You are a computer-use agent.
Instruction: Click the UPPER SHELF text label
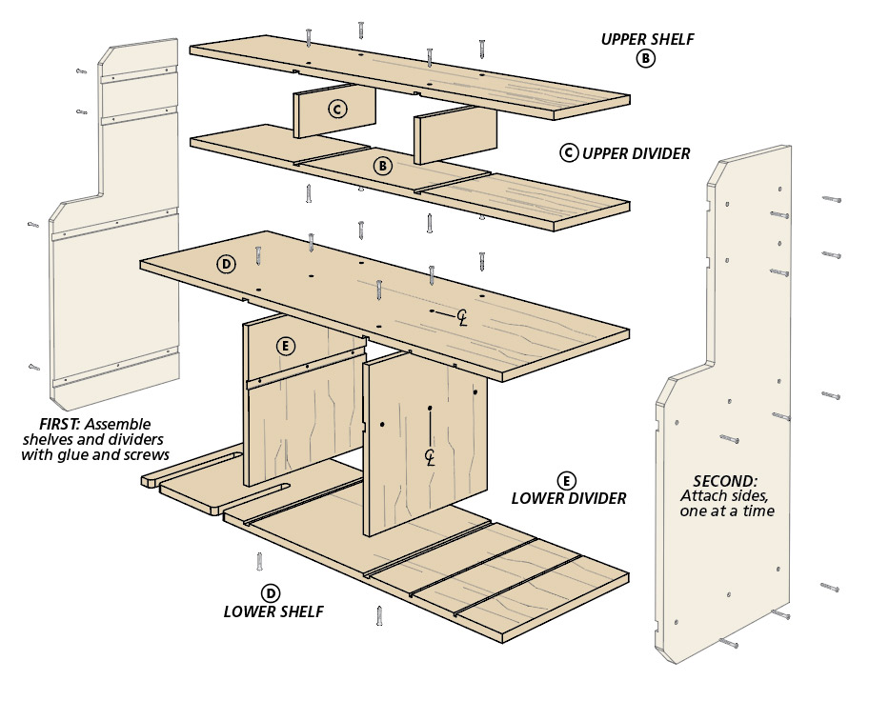pos(647,39)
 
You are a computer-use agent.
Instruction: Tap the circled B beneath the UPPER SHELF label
pos(646,59)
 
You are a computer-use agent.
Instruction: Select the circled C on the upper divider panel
pos(336,110)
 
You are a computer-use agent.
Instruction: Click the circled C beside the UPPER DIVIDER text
pos(569,152)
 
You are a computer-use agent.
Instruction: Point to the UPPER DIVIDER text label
pos(636,152)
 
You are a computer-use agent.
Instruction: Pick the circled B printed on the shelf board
pos(382,166)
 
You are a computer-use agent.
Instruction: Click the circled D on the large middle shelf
pos(226,264)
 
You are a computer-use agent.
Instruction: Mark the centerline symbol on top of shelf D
pos(462,316)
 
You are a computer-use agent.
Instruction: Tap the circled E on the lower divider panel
pos(283,346)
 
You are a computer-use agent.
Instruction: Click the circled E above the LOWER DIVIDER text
pos(568,480)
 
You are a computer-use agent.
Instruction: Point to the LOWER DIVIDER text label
pos(569,498)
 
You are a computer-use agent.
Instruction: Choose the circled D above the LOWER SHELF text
pos(272,592)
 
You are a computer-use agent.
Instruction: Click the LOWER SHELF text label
pos(273,611)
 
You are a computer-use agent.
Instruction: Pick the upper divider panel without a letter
pos(455,134)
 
